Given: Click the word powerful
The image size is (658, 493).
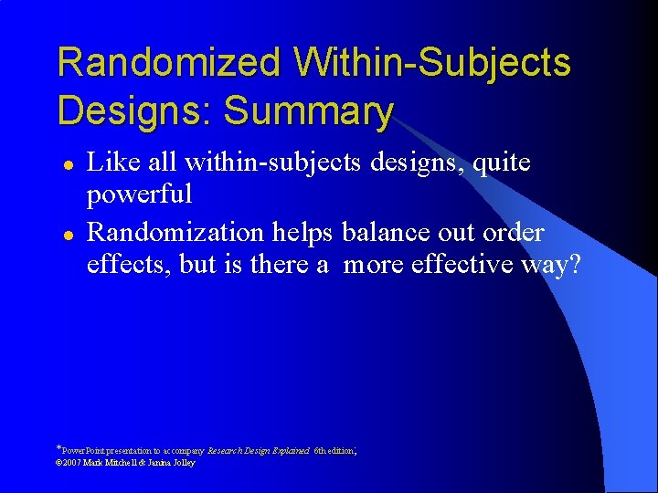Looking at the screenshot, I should coord(139,194).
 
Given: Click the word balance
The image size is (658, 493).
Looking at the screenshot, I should coord(386,232).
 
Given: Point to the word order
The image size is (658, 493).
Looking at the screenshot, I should coord(513,232).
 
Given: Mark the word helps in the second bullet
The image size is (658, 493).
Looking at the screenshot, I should coord(304,232).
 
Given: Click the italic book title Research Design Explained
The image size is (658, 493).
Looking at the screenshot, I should coord(259,450).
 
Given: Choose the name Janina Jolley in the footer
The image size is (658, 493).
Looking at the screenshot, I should coord(170,462).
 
